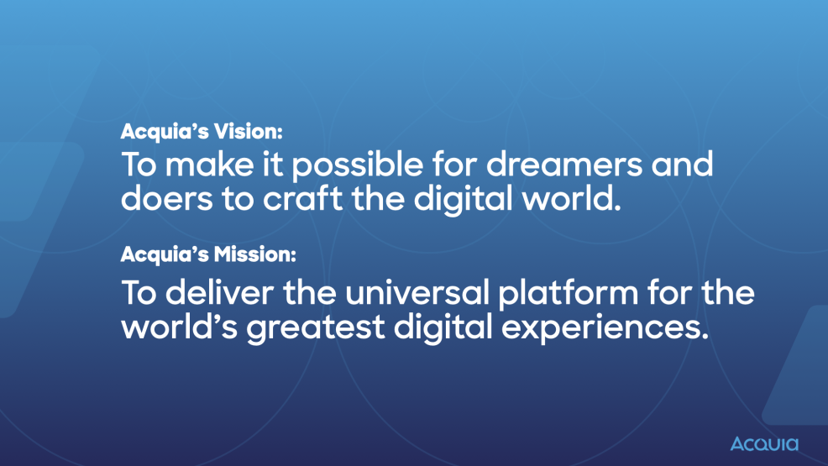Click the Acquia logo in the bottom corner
tap(764, 443)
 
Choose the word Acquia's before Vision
tap(160, 132)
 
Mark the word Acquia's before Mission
tap(160, 253)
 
